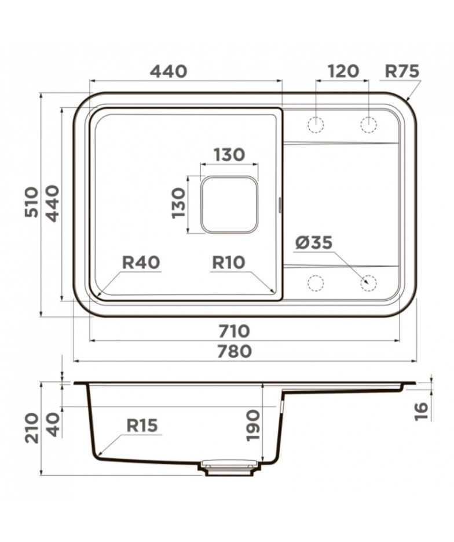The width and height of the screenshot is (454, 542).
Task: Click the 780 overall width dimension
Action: pos(234,351)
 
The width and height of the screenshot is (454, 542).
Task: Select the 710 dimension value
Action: pos(234,331)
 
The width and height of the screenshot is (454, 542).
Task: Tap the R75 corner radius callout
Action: pos(402,71)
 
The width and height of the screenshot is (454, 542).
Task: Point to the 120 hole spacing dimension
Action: pos(343,71)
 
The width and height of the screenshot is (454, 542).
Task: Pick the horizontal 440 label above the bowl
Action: pos(169,71)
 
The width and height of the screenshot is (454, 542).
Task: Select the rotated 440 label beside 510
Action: pos(53,203)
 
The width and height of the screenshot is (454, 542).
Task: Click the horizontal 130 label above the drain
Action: pos(229,155)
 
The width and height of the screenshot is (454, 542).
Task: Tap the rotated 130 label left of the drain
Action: pos(179,203)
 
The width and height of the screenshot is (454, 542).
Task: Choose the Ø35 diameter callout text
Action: pos(314,243)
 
